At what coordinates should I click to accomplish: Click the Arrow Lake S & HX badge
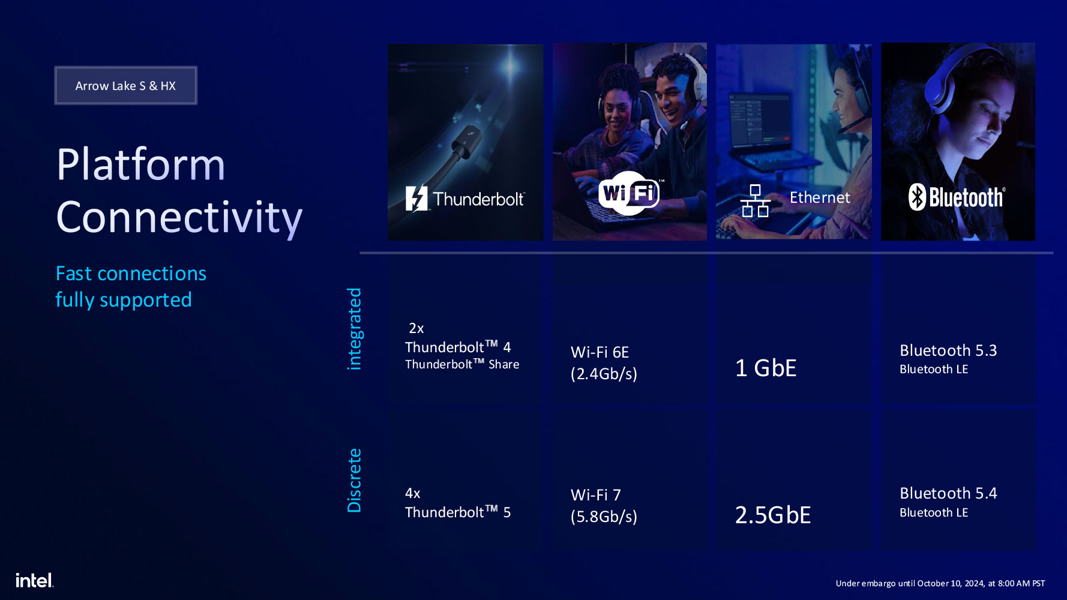[125, 86]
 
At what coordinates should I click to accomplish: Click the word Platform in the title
[141, 164]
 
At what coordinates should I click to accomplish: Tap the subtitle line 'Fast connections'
[131, 274]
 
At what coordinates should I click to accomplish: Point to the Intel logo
[34, 580]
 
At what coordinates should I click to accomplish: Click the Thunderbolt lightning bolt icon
[416, 199]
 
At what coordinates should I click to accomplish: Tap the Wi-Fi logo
[629, 193]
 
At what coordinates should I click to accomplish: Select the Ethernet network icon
[756, 201]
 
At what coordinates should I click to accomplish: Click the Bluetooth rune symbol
[917, 197]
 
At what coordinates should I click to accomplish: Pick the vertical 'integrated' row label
[355, 329]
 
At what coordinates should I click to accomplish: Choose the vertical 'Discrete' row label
[355, 480]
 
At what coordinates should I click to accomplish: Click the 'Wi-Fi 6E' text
[600, 352]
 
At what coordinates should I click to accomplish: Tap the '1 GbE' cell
[766, 368]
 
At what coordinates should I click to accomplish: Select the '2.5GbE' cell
[773, 515]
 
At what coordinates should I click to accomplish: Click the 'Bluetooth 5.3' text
[948, 350]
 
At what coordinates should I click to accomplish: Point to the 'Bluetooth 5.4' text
[948, 493]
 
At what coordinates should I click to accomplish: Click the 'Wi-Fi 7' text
[596, 495]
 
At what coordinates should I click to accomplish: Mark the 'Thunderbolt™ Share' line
[462, 364]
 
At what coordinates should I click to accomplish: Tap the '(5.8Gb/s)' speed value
[604, 517]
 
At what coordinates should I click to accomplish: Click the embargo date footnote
[940, 583]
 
